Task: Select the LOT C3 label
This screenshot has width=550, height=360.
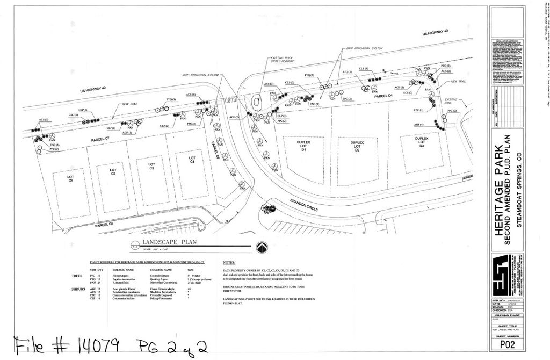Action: [152, 166]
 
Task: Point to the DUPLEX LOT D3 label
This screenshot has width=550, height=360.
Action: [422, 141]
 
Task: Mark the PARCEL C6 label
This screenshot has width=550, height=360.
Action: [104, 224]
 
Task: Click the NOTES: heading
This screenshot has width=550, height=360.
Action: [229, 263]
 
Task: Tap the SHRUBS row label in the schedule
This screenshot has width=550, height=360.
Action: [78, 289]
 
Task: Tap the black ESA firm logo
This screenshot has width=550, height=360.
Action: [504, 274]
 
